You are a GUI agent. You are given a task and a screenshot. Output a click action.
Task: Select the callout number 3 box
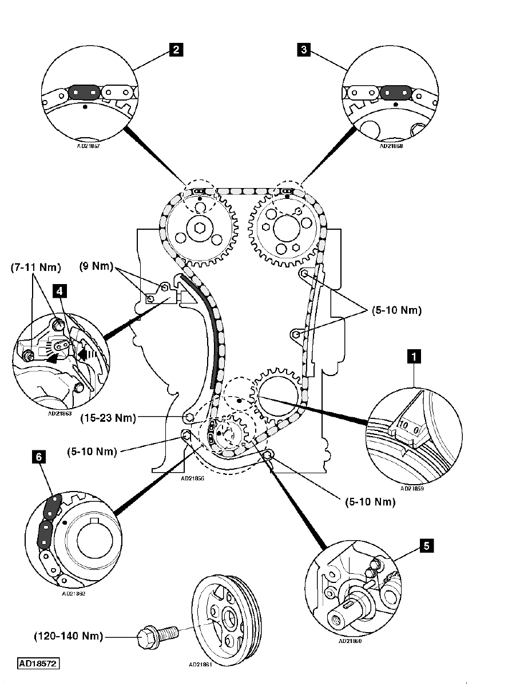tap(305, 50)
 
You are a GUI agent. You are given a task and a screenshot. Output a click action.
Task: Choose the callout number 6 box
tap(39, 457)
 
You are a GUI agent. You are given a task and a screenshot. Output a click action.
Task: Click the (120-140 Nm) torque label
tap(69, 636)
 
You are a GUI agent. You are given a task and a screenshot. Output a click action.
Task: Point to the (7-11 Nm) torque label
tap(35, 267)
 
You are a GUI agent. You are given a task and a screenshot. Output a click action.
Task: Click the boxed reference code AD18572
tap(38, 664)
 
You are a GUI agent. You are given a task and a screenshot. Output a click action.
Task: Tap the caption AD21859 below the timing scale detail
tap(413, 489)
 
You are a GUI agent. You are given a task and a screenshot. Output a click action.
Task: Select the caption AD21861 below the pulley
tap(201, 665)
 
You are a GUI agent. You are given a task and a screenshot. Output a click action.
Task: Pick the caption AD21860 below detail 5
tap(350, 641)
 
